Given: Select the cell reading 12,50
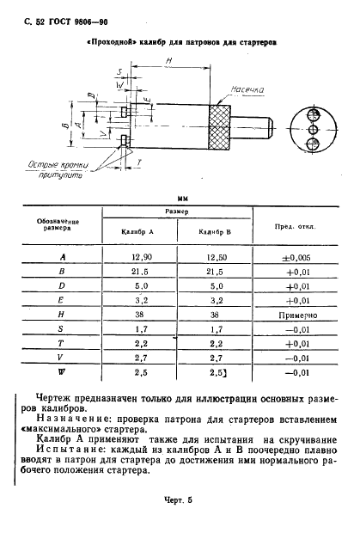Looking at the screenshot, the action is pos(216,257).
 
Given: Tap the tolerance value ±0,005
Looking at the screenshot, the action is pos(296,257).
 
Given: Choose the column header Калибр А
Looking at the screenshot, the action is pos(140,232).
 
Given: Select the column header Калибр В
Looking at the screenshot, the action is pos(216,232).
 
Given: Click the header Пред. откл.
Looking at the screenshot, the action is pos(295,226).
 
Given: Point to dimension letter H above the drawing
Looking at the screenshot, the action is pos(168,60).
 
